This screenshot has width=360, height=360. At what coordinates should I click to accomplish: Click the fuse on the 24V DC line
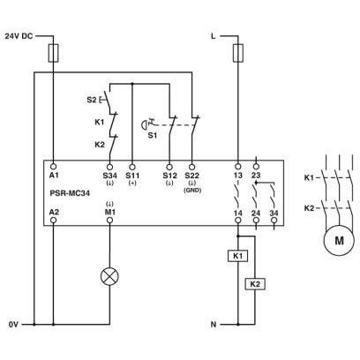tap(54, 53)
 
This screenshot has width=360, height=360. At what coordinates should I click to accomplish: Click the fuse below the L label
tap(238, 53)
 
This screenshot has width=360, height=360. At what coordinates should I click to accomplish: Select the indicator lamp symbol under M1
tap(109, 277)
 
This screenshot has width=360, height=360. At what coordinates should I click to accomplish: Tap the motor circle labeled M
tap(339, 240)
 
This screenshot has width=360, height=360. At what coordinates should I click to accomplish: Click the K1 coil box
tap(237, 256)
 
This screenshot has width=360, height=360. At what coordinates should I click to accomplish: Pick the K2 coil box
tap(255, 284)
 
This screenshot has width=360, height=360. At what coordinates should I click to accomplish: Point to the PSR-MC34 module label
tap(70, 193)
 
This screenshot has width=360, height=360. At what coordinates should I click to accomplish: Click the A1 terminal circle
tap(54, 167)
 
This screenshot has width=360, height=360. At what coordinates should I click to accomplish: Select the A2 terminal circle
tap(54, 221)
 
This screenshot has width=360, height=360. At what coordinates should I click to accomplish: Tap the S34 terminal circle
tap(109, 167)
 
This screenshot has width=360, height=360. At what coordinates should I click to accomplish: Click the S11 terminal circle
tap(132, 167)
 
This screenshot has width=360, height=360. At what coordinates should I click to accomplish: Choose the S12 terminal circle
tap(169, 167)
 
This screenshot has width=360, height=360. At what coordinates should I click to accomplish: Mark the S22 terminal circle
tap(191, 167)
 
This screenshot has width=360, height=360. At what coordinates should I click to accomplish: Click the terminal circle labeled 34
tap(274, 221)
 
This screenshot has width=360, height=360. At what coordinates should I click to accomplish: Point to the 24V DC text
tap(19, 36)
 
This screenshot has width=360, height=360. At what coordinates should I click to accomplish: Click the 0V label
tap(13, 325)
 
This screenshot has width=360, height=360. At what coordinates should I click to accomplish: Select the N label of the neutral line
tap(214, 325)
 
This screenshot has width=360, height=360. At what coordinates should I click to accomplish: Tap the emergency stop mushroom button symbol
tap(145, 124)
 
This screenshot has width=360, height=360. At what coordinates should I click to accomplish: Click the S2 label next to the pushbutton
tap(92, 100)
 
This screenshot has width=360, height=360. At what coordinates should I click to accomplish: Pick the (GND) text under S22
tap(192, 191)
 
